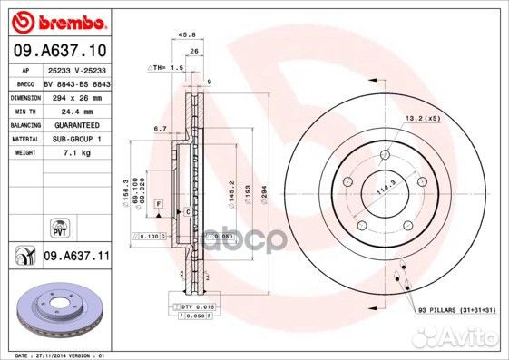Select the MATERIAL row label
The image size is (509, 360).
tap(24, 139)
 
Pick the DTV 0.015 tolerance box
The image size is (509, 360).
tap(196, 309)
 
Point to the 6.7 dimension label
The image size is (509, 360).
tap(159, 130)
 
